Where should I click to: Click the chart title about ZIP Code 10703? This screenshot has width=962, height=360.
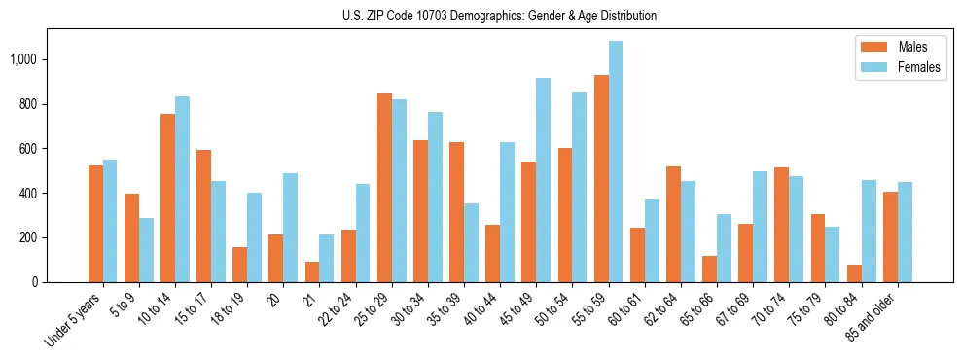point(499,16)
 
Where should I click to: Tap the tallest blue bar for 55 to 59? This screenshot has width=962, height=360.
point(616,162)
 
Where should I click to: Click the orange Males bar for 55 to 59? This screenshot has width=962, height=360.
point(601,179)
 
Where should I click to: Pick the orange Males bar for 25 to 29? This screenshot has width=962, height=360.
point(384,188)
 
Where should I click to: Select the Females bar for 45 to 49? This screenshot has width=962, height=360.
point(543,180)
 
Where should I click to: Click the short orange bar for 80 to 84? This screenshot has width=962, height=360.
point(854,273)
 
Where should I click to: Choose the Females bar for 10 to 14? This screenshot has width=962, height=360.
point(182,189)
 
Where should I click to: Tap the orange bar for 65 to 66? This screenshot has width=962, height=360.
point(709,269)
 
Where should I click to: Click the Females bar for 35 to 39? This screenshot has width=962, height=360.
point(471,242)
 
